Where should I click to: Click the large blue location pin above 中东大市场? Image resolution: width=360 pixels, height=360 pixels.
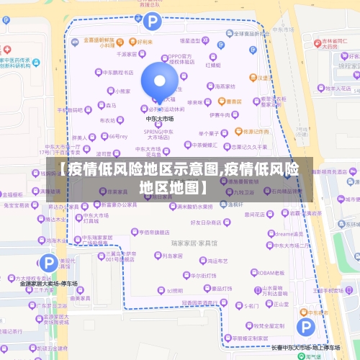click(159, 82)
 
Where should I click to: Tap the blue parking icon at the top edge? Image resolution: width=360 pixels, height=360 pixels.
click(151, 21)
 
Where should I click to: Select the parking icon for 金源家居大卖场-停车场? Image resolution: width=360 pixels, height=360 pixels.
click(49, 264)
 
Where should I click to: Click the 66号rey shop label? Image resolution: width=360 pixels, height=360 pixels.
click(116, 136)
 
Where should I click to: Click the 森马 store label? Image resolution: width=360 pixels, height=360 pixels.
click(109, 106)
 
